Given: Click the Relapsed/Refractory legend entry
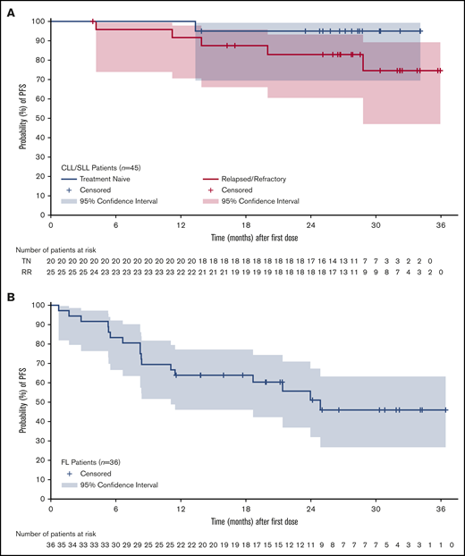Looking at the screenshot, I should pos(269,180).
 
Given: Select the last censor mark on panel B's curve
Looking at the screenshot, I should pos(444,409).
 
